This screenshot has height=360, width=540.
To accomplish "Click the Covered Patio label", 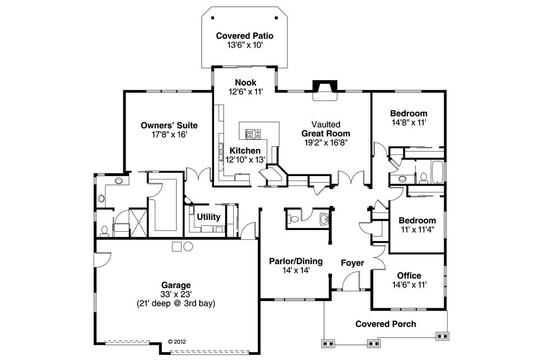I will point(245,36).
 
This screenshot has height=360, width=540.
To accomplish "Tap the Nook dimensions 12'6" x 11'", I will point(245,91).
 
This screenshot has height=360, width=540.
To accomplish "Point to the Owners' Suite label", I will point(169,125).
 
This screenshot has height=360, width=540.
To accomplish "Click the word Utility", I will point(209,217).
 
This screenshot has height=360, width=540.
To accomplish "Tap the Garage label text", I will point(176,285).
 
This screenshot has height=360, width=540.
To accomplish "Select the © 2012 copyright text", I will point(177,341).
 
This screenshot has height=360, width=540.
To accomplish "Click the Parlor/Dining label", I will point(296,261).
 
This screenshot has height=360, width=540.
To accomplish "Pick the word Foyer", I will point(352,263).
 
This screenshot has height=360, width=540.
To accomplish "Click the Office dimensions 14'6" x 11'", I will point(409,285).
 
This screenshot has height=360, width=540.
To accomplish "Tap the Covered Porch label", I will point(386,324).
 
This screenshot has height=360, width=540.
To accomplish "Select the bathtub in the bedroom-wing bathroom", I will point(437,172).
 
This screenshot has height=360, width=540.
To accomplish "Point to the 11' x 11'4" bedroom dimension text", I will point(417,230).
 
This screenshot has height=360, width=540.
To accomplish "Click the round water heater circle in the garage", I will point(188,246).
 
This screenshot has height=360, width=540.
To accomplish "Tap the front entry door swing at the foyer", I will point(351,282).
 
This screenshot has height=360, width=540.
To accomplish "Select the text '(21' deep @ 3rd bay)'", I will point(176,303).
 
